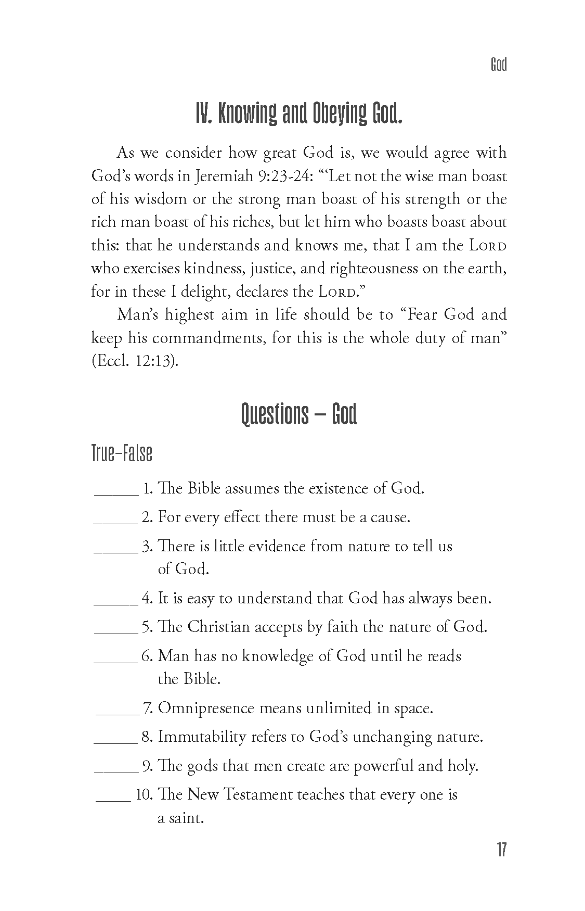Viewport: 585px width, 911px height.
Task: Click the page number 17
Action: [501, 850]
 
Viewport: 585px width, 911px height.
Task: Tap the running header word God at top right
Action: [498, 65]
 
